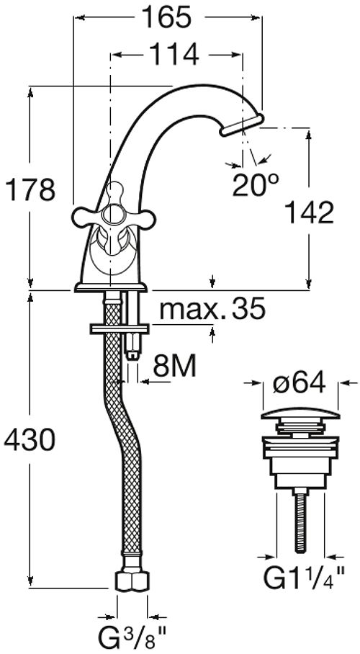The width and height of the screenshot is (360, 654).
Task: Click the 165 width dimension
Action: [x=166, y=17]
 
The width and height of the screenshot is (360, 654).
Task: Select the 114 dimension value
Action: [x=174, y=54]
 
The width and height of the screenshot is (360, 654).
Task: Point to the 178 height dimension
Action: [x=30, y=189]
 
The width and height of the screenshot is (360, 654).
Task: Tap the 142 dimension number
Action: [x=309, y=212]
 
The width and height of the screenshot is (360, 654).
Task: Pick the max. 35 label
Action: [x=212, y=309]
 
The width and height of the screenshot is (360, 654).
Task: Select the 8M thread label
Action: [x=174, y=366]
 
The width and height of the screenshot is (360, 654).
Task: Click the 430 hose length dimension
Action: [x=30, y=439]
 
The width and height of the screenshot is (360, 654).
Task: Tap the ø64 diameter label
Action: [x=299, y=383]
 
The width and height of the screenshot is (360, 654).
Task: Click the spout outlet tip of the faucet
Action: [x=242, y=125]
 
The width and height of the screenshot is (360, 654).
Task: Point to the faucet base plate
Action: [x=111, y=287]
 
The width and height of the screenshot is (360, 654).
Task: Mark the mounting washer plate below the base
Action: [x=120, y=328]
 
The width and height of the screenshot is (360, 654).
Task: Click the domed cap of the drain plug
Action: [x=300, y=415]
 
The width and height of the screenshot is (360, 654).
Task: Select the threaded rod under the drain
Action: [x=301, y=521]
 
